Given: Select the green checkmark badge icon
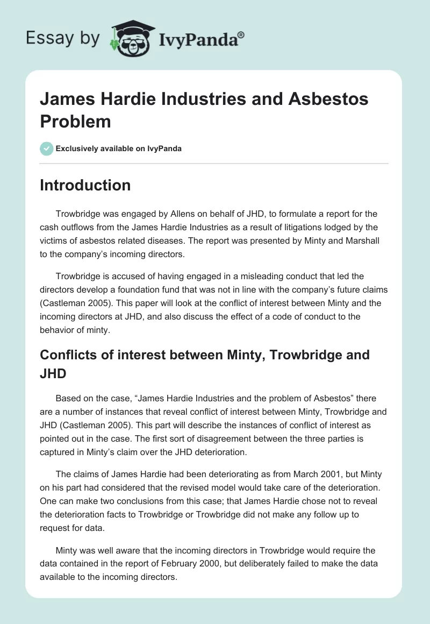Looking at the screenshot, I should click(47, 148).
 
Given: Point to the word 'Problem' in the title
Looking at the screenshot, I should click(75, 121).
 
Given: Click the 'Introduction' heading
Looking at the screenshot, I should click(85, 185).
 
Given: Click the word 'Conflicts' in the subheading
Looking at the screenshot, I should click(69, 355).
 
